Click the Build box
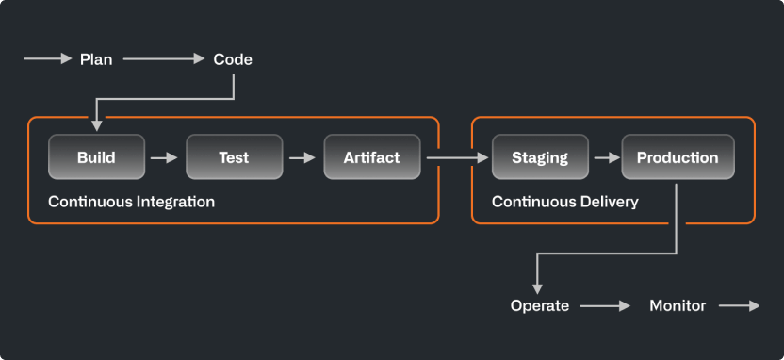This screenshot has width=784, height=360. pyautogui.click(x=96, y=157)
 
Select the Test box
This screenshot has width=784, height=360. pyautogui.click(x=234, y=157)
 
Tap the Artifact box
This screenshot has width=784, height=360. pyautogui.click(x=371, y=157)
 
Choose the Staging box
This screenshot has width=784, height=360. pyautogui.click(x=539, y=157)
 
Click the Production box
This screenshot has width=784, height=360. pyautogui.click(x=677, y=157)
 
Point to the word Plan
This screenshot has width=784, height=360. pyautogui.click(x=96, y=59)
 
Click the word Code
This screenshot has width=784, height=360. pyautogui.click(x=233, y=59)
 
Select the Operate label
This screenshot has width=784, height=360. pyautogui.click(x=539, y=305)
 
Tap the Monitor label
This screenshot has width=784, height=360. pyautogui.click(x=677, y=305)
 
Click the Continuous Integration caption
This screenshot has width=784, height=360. pyautogui.click(x=131, y=202)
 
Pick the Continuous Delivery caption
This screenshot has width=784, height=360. pyautogui.click(x=564, y=202)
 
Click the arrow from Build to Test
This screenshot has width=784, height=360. pyautogui.click(x=165, y=157)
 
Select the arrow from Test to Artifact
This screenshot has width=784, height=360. pyautogui.click(x=302, y=157)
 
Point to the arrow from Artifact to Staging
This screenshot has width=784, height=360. pyautogui.click(x=456, y=157)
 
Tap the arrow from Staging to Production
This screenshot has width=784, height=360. pyautogui.click(x=605, y=157)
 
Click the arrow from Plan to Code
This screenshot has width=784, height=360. pyautogui.click(x=163, y=59)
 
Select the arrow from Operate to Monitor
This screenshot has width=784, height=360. pyautogui.click(x=605, y=305)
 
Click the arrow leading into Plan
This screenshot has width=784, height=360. pyautogui.click(x=48, y=59)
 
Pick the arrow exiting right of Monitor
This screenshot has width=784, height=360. pyautogui.click(x=739, y=305)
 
